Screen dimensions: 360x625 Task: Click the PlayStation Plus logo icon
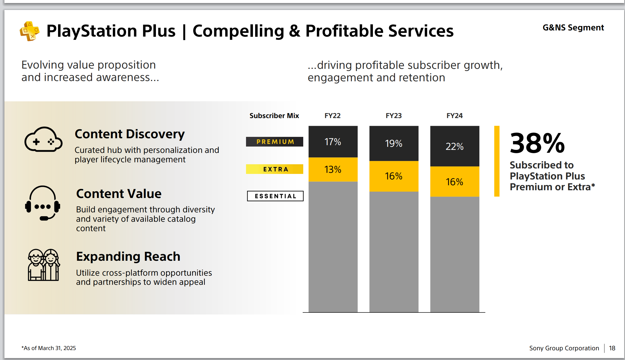[29, 31]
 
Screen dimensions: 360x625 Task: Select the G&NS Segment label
[573, 28]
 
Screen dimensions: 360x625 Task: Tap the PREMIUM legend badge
[274, 142]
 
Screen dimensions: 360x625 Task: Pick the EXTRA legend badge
[274, 169]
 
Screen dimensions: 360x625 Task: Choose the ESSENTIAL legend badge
[275, 196]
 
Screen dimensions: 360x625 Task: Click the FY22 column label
[333, 116]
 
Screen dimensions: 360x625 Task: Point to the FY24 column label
[454, 116]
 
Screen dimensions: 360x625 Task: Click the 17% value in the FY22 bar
[333, 142]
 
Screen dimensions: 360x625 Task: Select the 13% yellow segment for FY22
[333, 169]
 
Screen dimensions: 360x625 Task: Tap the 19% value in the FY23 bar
[394, 143]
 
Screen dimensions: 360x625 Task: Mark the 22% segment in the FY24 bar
[454, 146]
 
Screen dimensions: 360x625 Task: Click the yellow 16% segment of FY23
[394, 176]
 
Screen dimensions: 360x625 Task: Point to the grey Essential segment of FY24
[454, 254]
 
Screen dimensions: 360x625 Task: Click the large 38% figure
[537, 143]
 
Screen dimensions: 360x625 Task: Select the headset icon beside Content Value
[43, 203]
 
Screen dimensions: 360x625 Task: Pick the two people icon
[43, 265]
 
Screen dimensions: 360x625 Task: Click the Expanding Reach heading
[128, 257]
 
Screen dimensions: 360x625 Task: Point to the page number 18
[612, 348]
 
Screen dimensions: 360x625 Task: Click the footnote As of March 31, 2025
[49, 348]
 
